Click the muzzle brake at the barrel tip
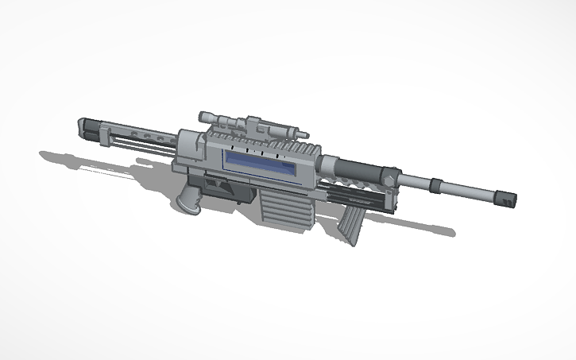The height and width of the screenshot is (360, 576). pyautogui.click(x=508, y=199)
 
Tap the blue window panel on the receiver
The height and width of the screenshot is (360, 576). pyautogui.click(x=262, y=165)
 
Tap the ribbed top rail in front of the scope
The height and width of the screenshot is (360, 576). pyautogui.click(x=298, y=148)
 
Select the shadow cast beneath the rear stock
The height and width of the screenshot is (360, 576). pyautogui.click(x=72, y=158)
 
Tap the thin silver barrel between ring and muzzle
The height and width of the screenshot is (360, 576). pyautogui.click(x=473, y=192)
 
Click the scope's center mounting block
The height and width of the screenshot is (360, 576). pyautogui.click(x=254, y=124)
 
